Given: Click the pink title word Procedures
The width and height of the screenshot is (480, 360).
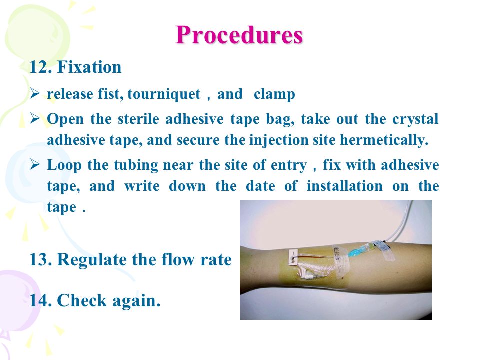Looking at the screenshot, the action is pos(239,35).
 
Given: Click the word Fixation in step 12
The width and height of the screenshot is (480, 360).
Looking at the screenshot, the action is pos(89,67).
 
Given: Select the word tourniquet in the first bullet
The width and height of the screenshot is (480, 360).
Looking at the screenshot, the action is pos(164,94).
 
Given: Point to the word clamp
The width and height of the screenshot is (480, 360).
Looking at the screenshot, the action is pos(274,94).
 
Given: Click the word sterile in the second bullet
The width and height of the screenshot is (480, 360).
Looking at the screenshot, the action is pos(138,119).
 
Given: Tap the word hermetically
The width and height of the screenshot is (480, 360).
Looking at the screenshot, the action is pos(384,140).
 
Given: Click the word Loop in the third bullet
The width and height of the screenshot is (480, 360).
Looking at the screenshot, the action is pos(64,165).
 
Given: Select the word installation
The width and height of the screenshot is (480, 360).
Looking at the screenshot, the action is pos(344,186).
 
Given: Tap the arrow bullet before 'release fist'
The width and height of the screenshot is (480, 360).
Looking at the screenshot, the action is pos(35,93).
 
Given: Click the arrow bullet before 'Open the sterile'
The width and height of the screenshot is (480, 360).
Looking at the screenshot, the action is pos(35,118).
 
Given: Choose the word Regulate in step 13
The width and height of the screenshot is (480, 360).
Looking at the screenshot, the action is pos(91,260).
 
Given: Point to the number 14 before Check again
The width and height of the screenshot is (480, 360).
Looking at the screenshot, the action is pos(40,300).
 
